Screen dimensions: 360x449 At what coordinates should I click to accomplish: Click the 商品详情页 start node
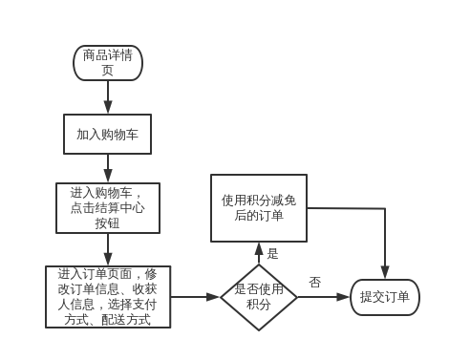pos(107,63)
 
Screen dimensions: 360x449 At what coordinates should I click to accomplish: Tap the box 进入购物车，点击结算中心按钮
pos(107,207)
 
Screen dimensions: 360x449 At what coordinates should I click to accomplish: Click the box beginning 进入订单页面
pos(107,297)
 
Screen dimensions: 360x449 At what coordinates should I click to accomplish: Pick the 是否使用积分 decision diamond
pos(258,297)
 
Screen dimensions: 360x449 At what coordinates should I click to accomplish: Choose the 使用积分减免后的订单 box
pos(258,208)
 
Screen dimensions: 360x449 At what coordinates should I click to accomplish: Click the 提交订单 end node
pos(384,297)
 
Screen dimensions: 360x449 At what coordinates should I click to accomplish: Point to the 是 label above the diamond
pos(272,254)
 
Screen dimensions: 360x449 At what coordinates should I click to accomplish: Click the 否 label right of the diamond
pos(314,282)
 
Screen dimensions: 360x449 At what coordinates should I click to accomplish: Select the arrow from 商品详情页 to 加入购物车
pos(107,97)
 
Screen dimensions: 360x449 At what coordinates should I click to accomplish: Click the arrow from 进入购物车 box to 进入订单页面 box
pos(107,249)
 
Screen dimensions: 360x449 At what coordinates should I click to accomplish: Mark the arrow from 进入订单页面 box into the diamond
pos(195,297)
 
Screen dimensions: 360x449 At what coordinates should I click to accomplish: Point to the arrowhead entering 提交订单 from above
pos(385,272)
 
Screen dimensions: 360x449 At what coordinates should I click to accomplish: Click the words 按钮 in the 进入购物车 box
pos(107,224)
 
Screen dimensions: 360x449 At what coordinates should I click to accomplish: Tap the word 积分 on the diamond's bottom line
pos(258,305)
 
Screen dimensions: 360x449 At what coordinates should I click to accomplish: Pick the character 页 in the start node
pos(107,71)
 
